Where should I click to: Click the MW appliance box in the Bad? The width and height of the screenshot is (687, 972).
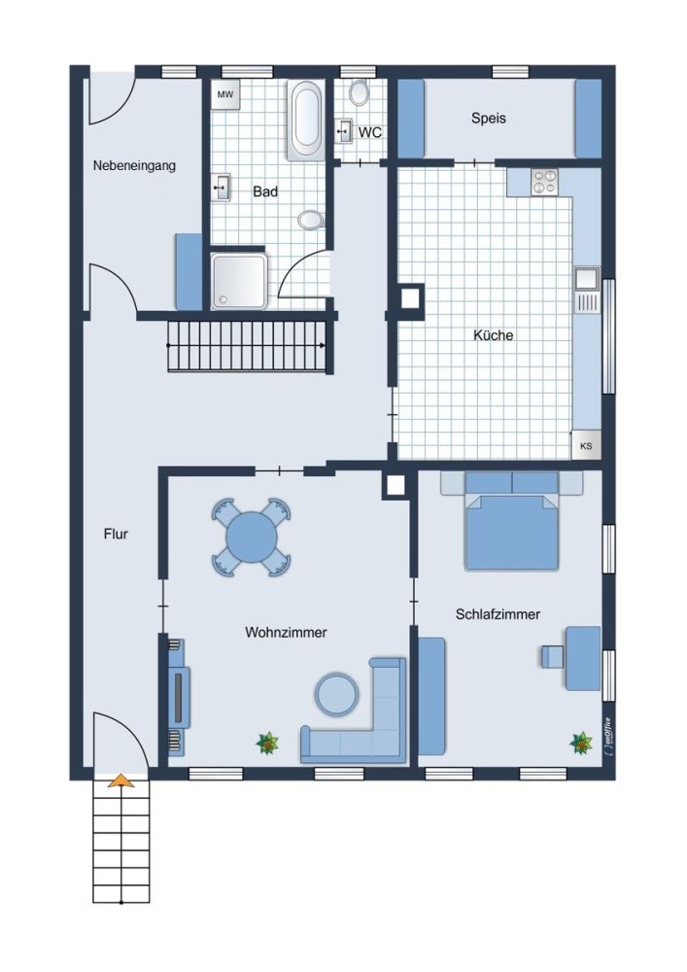tap(224, 95)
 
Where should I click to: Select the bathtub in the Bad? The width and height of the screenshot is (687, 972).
tap(305, 121)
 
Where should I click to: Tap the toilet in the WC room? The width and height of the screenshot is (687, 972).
tap(359, 93)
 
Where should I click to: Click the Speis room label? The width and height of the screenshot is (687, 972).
tap(488, 118)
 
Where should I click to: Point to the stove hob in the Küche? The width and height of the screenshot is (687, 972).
tap(544, 182)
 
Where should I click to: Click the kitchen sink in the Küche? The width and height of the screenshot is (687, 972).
tap(587, 290)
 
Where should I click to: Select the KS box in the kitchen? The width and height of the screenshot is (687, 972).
tap(585, 445)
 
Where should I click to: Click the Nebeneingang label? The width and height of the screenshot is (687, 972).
tap(134, 165)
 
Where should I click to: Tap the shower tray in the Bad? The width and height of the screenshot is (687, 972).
tap(239, 281)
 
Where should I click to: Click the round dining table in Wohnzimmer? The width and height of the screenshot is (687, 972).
tap(252, 537)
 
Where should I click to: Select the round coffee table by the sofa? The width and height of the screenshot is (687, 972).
tap(336, 694)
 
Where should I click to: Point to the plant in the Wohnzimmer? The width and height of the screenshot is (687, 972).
tap(267, 743)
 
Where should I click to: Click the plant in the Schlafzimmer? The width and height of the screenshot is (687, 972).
tap(580, 743)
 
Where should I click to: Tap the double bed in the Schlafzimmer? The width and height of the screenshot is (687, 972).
tap(512, 521)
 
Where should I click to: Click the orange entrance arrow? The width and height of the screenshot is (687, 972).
tap(120, 781)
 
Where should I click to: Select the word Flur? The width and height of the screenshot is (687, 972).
tap(116, 534)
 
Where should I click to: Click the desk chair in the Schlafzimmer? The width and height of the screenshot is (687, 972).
tap(551, 656)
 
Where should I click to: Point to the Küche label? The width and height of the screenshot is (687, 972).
tap(493, 335)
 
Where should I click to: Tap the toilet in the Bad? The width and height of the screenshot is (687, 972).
tap(311, 219)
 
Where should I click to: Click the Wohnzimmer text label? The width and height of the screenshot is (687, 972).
tap(286, 633)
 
